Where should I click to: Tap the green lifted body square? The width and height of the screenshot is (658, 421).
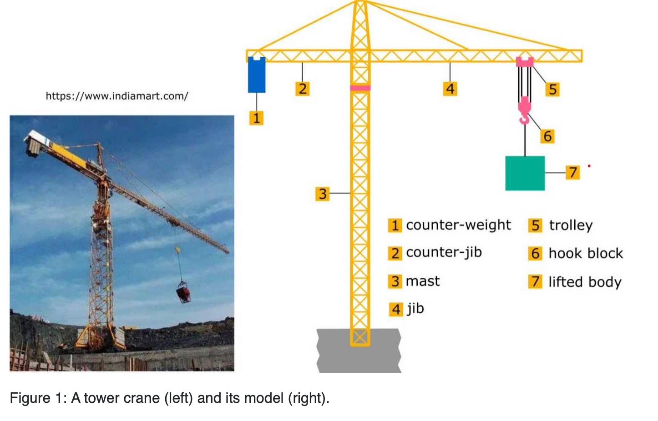click(525, 173)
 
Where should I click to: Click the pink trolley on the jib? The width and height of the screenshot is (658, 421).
click(525, 61)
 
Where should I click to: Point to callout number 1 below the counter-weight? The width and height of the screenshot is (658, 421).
click(256, 118)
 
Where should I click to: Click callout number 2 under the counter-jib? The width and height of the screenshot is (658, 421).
click(302, 88)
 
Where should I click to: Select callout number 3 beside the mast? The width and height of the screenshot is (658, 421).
click(322, 194)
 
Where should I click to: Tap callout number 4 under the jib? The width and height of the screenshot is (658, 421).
click(450, 88)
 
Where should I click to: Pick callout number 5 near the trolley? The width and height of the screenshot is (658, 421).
click(552, 89)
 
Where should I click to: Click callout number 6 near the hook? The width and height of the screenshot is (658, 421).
click(547, 136)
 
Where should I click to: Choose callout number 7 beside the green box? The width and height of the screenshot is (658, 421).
click(572, 172)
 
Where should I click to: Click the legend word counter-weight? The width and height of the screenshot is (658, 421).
click(458, 225)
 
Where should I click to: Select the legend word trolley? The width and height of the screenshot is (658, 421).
click(571, 226)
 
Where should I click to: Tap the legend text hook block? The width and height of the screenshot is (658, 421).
click(586, 253)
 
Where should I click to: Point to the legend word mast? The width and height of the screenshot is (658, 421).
click(423, 281)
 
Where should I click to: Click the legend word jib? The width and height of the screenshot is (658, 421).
click(415, 309)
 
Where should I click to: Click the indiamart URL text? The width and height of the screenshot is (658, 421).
click(117, 96)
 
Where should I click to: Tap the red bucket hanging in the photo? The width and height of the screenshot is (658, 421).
click(183, 292)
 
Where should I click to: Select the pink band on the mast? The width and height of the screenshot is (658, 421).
click(360, 88)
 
